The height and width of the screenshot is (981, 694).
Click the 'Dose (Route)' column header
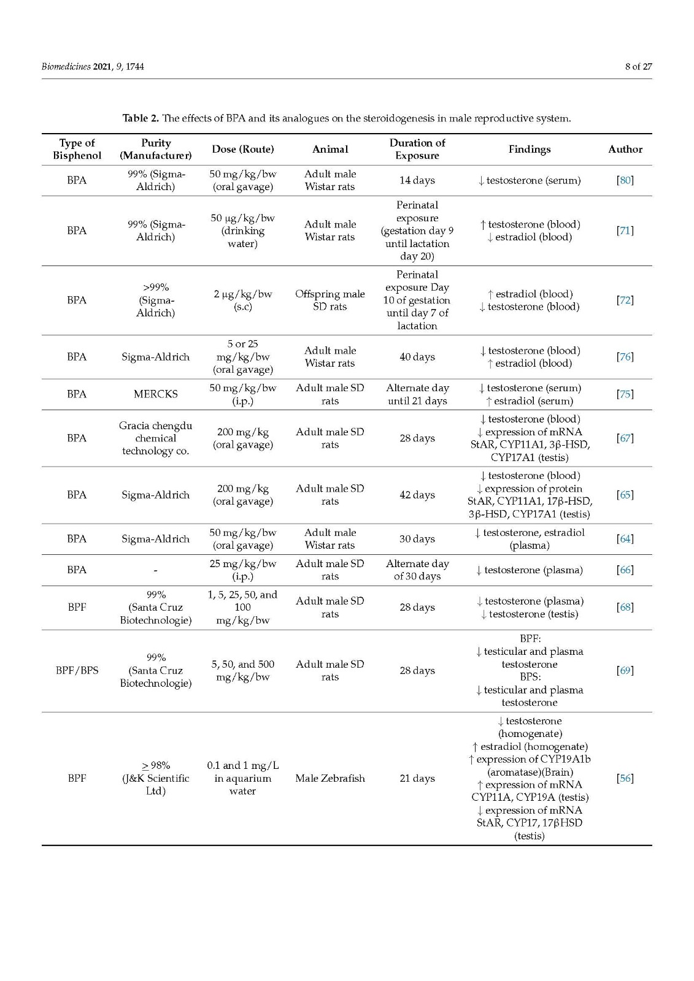click(x=242, y=150)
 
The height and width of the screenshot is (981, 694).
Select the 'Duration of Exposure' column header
click(x=417, y=149)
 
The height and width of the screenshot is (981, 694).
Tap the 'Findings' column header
click(x=529, y=150)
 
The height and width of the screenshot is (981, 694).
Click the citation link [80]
click(x=625, y=180)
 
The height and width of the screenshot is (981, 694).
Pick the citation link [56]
click(x=625, y=778)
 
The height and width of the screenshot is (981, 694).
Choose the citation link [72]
click(x=625, y=300)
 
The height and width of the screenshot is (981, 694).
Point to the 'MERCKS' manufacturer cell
click(x=155, y=394)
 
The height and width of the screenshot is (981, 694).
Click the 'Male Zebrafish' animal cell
click(x=330, y=778)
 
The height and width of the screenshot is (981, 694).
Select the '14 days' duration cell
click(x=417, y=180)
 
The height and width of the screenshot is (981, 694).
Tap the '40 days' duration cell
click(x=417, y=357)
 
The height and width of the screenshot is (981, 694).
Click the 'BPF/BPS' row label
click(x=77, y=670)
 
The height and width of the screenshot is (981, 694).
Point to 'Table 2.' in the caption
click(x=141, y=118)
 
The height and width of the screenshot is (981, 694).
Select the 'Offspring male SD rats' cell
click(x=330, y=300)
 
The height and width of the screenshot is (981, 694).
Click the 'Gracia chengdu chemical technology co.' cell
click(x=155, y=438)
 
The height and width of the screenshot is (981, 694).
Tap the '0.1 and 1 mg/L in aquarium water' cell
click(x=242, y=778)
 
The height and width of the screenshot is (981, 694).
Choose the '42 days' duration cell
click(x=417, y=495)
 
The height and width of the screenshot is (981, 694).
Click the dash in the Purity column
click(x=155, y=570)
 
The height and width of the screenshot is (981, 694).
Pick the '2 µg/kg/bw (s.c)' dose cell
click(x=242, y=300)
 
